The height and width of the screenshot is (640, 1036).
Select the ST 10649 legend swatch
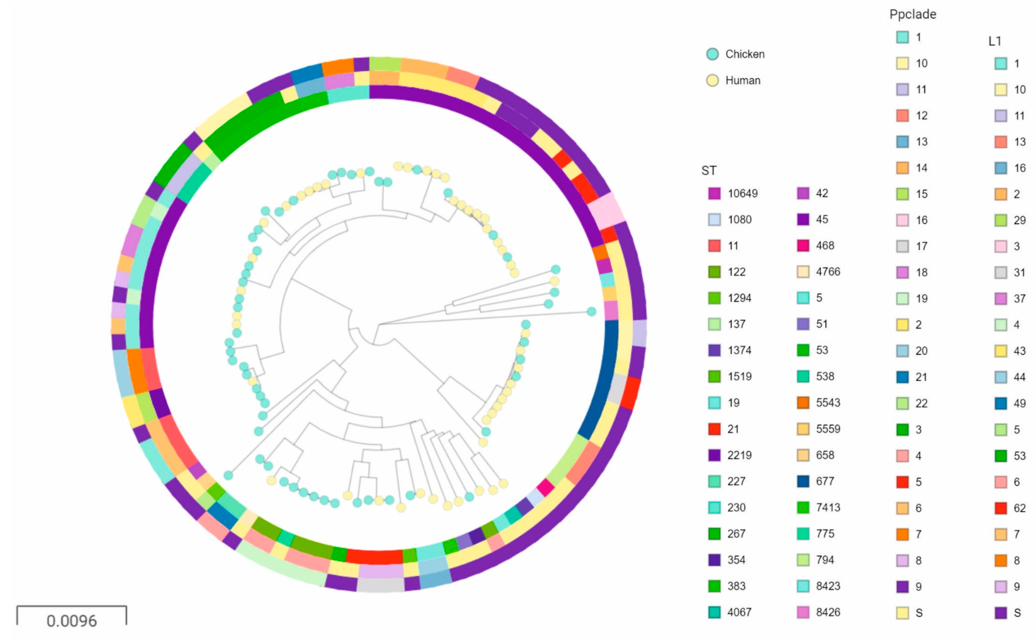[x=714, y=193]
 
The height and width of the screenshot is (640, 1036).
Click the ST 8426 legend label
[x=828, y=612]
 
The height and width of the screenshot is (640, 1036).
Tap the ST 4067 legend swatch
[x=714, y=612]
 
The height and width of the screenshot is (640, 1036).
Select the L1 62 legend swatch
[x=1001, y=508]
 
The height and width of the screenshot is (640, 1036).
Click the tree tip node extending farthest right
[x=591, y=312]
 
